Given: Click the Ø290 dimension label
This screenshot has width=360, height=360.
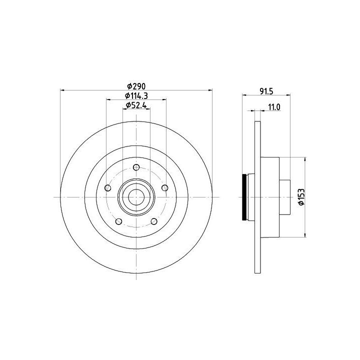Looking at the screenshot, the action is click(136, 86).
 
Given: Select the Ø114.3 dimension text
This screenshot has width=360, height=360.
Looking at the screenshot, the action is click(136, 95).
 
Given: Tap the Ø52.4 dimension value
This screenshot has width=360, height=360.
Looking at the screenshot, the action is click(136, 105).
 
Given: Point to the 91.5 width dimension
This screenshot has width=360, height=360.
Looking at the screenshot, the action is click(266, 91).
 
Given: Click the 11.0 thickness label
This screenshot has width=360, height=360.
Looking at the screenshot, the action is click(274, 107).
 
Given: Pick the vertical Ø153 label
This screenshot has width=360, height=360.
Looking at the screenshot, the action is click(301, 197).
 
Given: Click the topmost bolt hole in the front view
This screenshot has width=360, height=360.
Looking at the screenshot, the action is click(136, 167).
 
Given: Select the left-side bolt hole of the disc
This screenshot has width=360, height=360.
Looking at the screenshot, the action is click(107, 188).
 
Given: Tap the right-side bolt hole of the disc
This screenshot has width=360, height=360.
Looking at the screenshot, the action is click(165, 188).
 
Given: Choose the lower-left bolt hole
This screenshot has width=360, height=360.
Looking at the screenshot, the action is click(118, 221).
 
